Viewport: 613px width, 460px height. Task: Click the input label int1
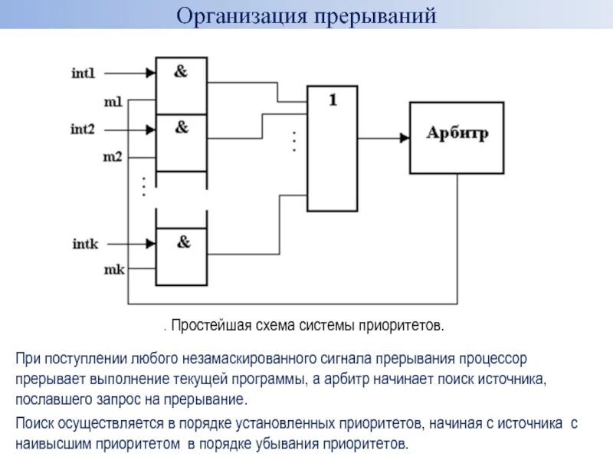pyautogui.click(x=84, y=74)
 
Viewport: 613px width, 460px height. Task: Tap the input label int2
pyautogui.click(x=84, y=130)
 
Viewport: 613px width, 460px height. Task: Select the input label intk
pyautogui.click(x=84, y=244)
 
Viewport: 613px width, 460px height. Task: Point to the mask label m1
pyautogui.click(x=113, y=100)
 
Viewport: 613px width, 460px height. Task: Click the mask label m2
pyautogui.click(x=113, y=156)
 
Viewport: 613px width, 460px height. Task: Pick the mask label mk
pyautogui.click(x=113, y=269)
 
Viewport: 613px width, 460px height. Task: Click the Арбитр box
pyautogui.click(x=457, y=137)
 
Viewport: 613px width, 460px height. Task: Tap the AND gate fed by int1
pyautogui.click(x=181, y=85)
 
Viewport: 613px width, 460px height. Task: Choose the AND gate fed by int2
pyautogui.click(x=181, y=143)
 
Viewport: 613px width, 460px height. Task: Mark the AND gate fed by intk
pyautogui.click(x=182, y=256)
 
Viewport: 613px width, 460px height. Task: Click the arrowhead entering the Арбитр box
pyautogui.click(x=403, y=138)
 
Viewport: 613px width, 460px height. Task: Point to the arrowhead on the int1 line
pyautogui.click(x=149, y=74)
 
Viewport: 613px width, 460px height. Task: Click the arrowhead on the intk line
pyautogui.click(x=149, y=244)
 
